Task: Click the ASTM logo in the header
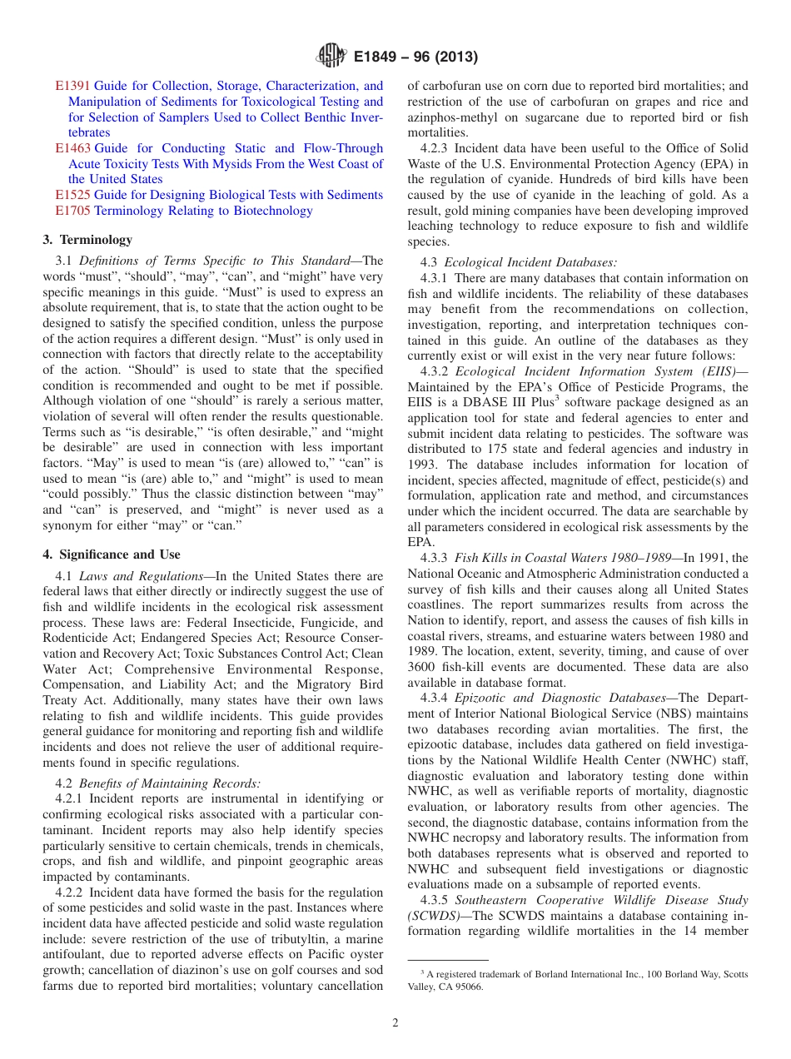pyautogui.click(x=331, y=57)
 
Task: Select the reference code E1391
pyautogui.click(x=73, y=86)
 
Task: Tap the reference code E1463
pyautogui.click(x=73, y=148)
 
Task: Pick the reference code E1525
pyautogui.click(x=73, y=195)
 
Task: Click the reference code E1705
pyautogui.click(x=73, y=211)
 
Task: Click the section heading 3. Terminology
pyautogui.click(x=87, y=240)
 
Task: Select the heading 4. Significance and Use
pyautogui.click(x=111, y=554)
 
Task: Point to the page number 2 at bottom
pyautogui.click(x=395, y=1023)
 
